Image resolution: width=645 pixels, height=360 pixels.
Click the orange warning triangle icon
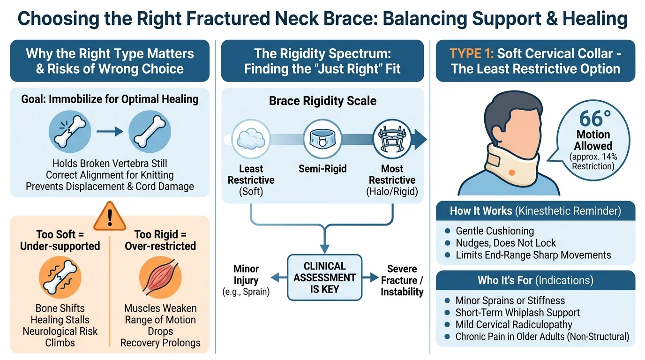point(110,216)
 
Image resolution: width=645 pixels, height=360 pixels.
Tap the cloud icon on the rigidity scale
point(251,139)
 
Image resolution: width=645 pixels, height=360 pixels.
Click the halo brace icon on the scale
point(392,139)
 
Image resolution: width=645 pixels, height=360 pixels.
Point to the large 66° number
point(595,119)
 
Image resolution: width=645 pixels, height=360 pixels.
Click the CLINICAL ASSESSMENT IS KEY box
point(324,277)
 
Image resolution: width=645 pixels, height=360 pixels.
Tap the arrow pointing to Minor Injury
point(279,277)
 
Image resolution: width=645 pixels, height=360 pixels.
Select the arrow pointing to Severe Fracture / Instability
point(370,277)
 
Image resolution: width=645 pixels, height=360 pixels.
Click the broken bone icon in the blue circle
point(70,132)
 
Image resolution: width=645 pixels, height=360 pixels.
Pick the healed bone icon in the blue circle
point(150,132)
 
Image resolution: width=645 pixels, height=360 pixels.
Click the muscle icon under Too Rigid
point(160,277)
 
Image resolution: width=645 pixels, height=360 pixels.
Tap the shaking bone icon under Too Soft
point(60,277)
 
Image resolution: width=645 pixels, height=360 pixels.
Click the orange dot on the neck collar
point(512,172)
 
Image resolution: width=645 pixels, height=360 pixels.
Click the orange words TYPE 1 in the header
point(472,53)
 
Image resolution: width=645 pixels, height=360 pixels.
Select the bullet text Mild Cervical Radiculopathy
point(514,324)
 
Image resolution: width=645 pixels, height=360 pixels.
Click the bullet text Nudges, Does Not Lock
point(506,243)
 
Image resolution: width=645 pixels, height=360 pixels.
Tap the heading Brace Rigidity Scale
point(322,101)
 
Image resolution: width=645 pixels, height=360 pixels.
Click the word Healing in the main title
point(595,18)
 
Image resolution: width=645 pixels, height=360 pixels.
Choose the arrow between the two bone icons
point(110,132)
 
